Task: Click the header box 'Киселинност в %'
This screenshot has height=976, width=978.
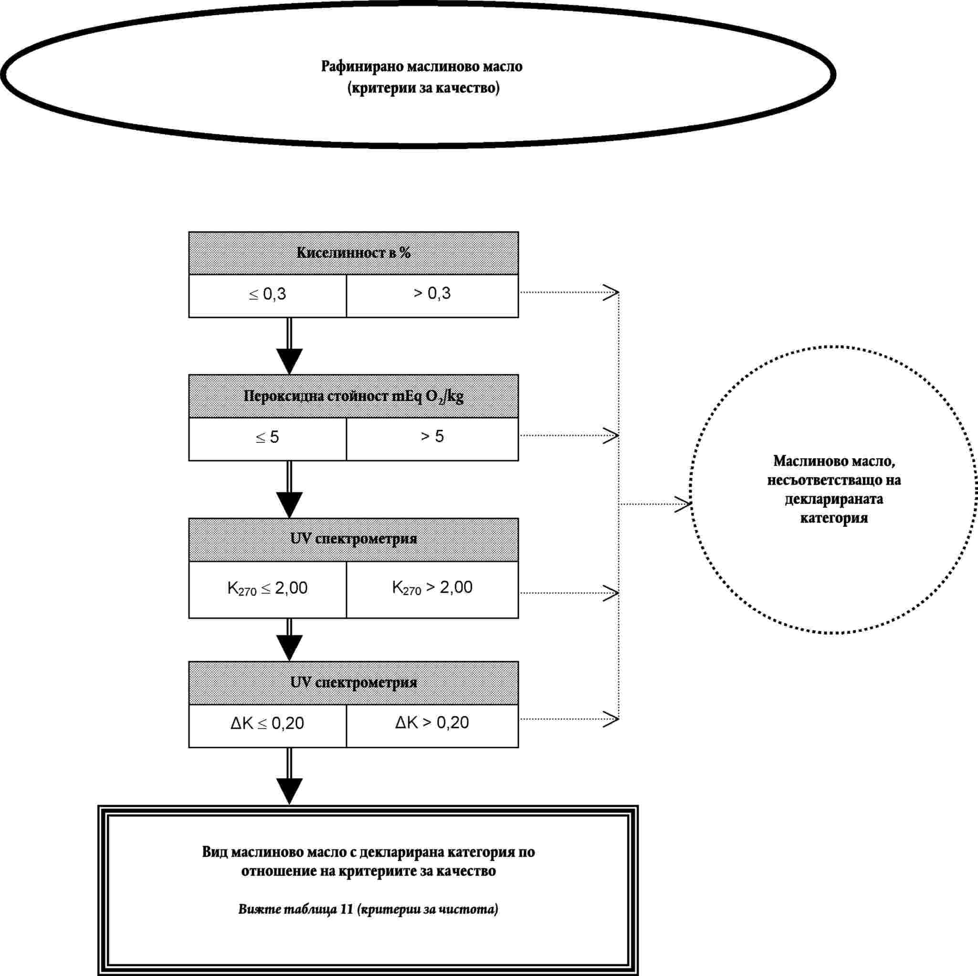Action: tap(353, 253)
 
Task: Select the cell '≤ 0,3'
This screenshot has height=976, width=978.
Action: tap(267, 296)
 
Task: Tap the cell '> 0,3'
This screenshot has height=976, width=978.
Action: tap(432, 296)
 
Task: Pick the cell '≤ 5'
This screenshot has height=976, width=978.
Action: tap(267, 439)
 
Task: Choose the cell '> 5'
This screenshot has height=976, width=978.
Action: tap(432, 439)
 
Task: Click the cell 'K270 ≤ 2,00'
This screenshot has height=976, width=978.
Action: tap(267, 589)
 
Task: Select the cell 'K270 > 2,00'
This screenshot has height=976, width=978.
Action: tap(432, 589)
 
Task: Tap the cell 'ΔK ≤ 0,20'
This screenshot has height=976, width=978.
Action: tap(267, 725)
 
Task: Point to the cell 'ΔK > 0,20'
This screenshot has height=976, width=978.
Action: tap(432, 725)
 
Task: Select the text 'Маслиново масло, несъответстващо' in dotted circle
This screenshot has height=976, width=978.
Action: tap(834, 470)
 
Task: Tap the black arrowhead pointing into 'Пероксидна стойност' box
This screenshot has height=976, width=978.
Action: tap(289, 361)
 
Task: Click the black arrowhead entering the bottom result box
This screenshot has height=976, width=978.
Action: tap(289, 791)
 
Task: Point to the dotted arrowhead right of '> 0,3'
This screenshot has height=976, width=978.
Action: tap(611, 292)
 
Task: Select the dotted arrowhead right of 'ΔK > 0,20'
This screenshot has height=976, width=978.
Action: tap(611, 718)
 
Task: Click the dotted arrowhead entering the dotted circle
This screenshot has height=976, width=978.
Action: tap(683, 504)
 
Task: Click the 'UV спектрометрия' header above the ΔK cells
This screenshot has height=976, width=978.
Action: tap(353, 683)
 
